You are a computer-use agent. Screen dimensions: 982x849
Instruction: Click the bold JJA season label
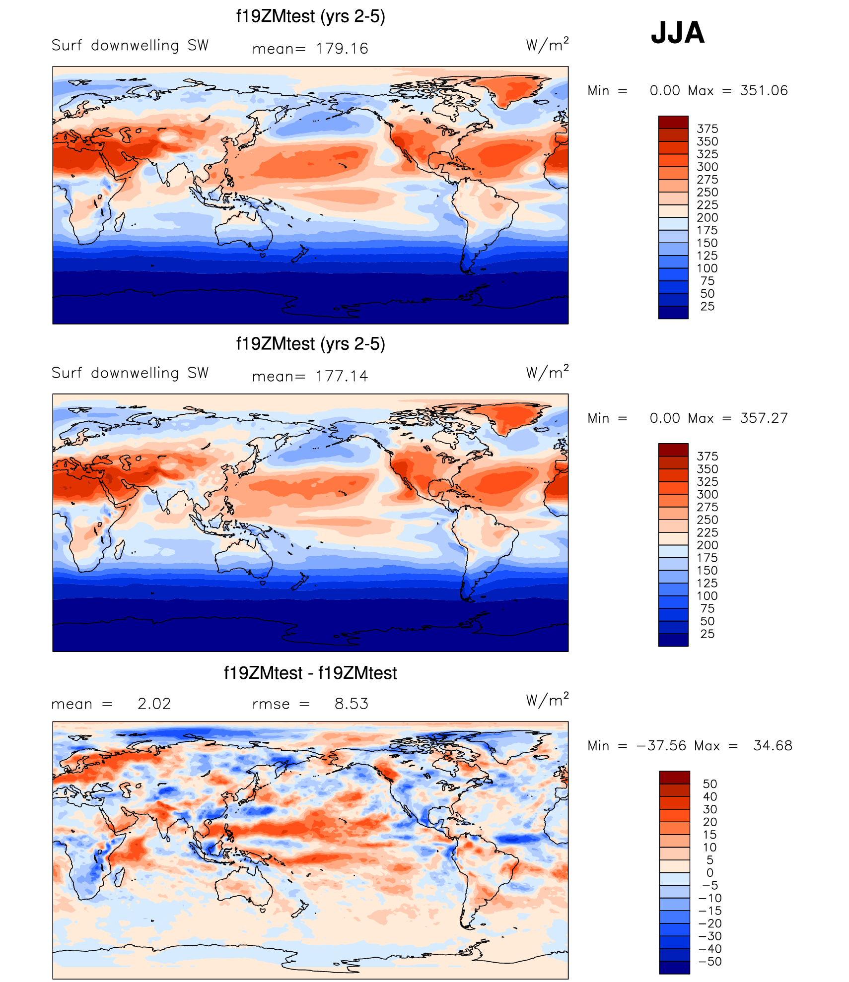click(677, 33)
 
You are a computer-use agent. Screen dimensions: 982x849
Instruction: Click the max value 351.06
click(764, 91)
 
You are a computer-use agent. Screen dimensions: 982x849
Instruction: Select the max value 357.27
click(764, 418)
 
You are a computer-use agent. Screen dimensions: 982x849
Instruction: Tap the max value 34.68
click(773, 746)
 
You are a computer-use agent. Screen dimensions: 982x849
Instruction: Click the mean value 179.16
click(342, 49)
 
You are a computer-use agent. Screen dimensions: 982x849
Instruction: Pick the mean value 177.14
click(342, 376)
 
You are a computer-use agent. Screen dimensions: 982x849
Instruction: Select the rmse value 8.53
click(352, 704)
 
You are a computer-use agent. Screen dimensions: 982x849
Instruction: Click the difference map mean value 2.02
click(154, 704)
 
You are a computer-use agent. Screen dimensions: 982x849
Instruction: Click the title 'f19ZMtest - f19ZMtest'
click(310, 673)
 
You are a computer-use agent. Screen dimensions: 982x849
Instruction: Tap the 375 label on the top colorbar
click(707, 129)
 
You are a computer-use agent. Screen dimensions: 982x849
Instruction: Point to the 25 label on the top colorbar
click(707, 307)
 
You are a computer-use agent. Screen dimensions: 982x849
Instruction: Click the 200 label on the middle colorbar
click(707, 545)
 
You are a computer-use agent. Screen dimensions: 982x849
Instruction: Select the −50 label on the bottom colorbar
click(710, 962)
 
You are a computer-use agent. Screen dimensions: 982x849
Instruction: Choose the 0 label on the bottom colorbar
click(710, 873)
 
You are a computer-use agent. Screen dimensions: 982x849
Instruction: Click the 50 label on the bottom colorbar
click(710, 784)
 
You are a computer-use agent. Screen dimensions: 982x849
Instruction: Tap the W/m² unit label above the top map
click(547, 45)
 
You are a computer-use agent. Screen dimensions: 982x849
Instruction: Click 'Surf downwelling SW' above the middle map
click(130, 373)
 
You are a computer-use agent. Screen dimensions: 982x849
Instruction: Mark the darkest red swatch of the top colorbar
click(673, 122)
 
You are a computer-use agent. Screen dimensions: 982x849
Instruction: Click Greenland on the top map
click(514, 89)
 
